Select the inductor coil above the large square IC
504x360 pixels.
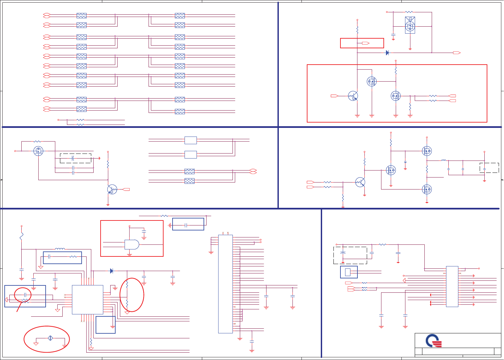pos(60,249)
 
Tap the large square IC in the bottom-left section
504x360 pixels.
pos(88,299)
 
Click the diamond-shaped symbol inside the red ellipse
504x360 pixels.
pos(50,338)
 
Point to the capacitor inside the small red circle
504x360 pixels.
pos(25,295)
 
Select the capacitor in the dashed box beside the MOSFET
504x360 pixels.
pos(73,158)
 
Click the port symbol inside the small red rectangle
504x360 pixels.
pos(365,43)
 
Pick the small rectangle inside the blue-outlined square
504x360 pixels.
pos(348,272)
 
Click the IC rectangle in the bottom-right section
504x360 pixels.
pos(452,286)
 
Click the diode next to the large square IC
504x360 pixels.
pos(112,271)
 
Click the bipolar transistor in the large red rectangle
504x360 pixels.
pos(353,96)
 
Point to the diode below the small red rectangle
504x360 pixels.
pos(387,53)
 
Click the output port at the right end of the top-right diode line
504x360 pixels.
pos(457,53)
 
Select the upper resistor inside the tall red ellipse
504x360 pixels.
pos(127,284)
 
